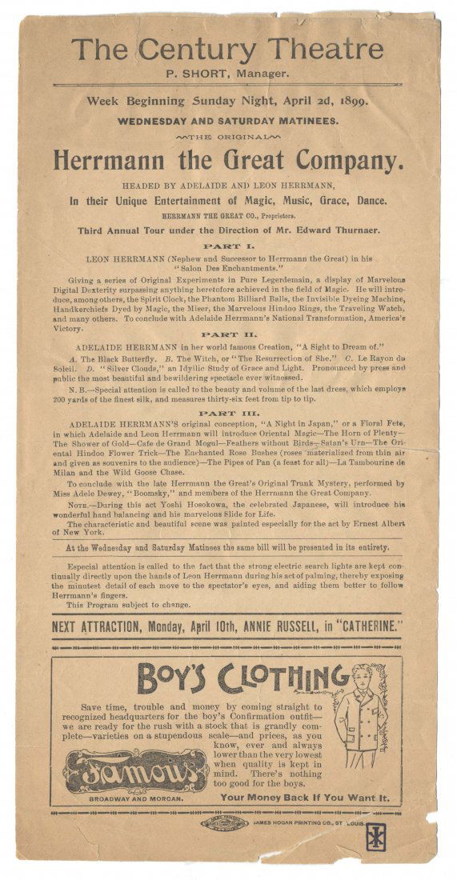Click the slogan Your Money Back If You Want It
pyautogui.click(x=305, y=798)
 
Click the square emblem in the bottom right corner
pyautogui.click(x=374, y=837)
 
